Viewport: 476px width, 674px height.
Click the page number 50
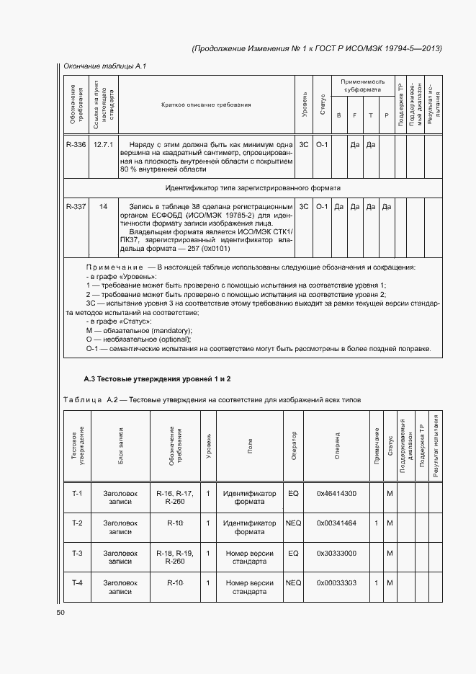(60, 612)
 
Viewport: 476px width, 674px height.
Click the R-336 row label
(76, 145)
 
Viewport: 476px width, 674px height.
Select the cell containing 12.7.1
(104, 145)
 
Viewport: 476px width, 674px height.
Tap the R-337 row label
(76, 207)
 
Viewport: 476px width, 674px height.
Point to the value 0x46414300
(336, 494)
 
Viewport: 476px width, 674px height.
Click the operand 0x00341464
(336, 523)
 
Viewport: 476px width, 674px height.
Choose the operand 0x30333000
(336, 553)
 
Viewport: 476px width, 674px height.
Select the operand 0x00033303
(336, 582)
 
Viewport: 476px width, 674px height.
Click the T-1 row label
(78, 494)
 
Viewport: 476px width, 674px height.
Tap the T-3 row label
(78, 553)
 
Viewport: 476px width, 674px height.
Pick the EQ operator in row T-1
(293, 494)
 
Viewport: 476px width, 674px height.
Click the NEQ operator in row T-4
(293, 582)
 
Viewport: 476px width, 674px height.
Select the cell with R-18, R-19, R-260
(174, 557)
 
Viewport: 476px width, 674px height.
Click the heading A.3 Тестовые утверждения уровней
(157, 378)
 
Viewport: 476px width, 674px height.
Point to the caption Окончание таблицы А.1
(105, 66)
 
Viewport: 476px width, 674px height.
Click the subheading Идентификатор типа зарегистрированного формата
(253, 187)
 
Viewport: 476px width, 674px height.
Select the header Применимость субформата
(363, 86)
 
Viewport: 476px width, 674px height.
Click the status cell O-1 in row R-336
(321, 145)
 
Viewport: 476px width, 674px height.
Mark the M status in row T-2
(390, 523)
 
